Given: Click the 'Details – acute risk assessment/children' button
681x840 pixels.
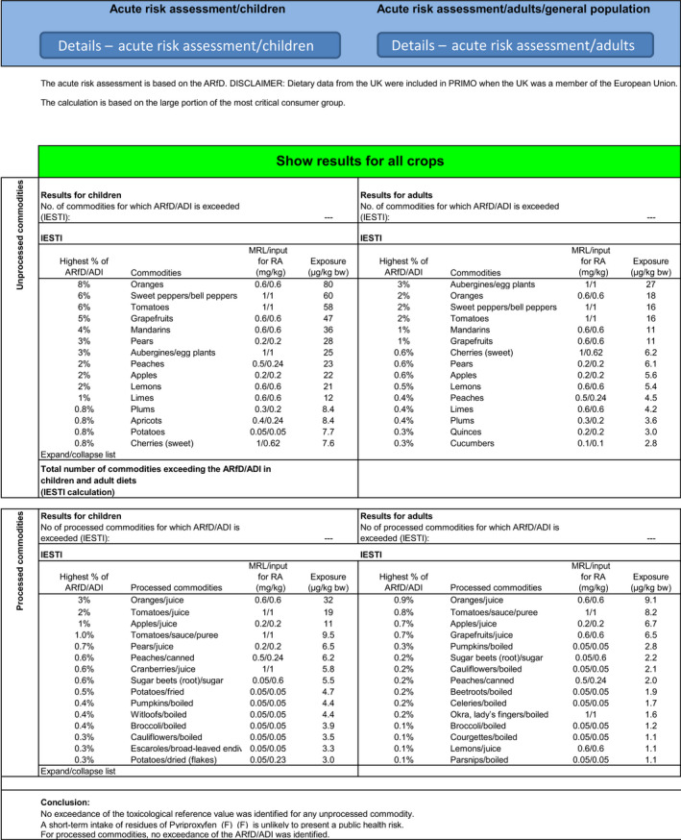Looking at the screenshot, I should (x=190, y=46).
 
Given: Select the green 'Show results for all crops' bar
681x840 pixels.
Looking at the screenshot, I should (x=357, y=160).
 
